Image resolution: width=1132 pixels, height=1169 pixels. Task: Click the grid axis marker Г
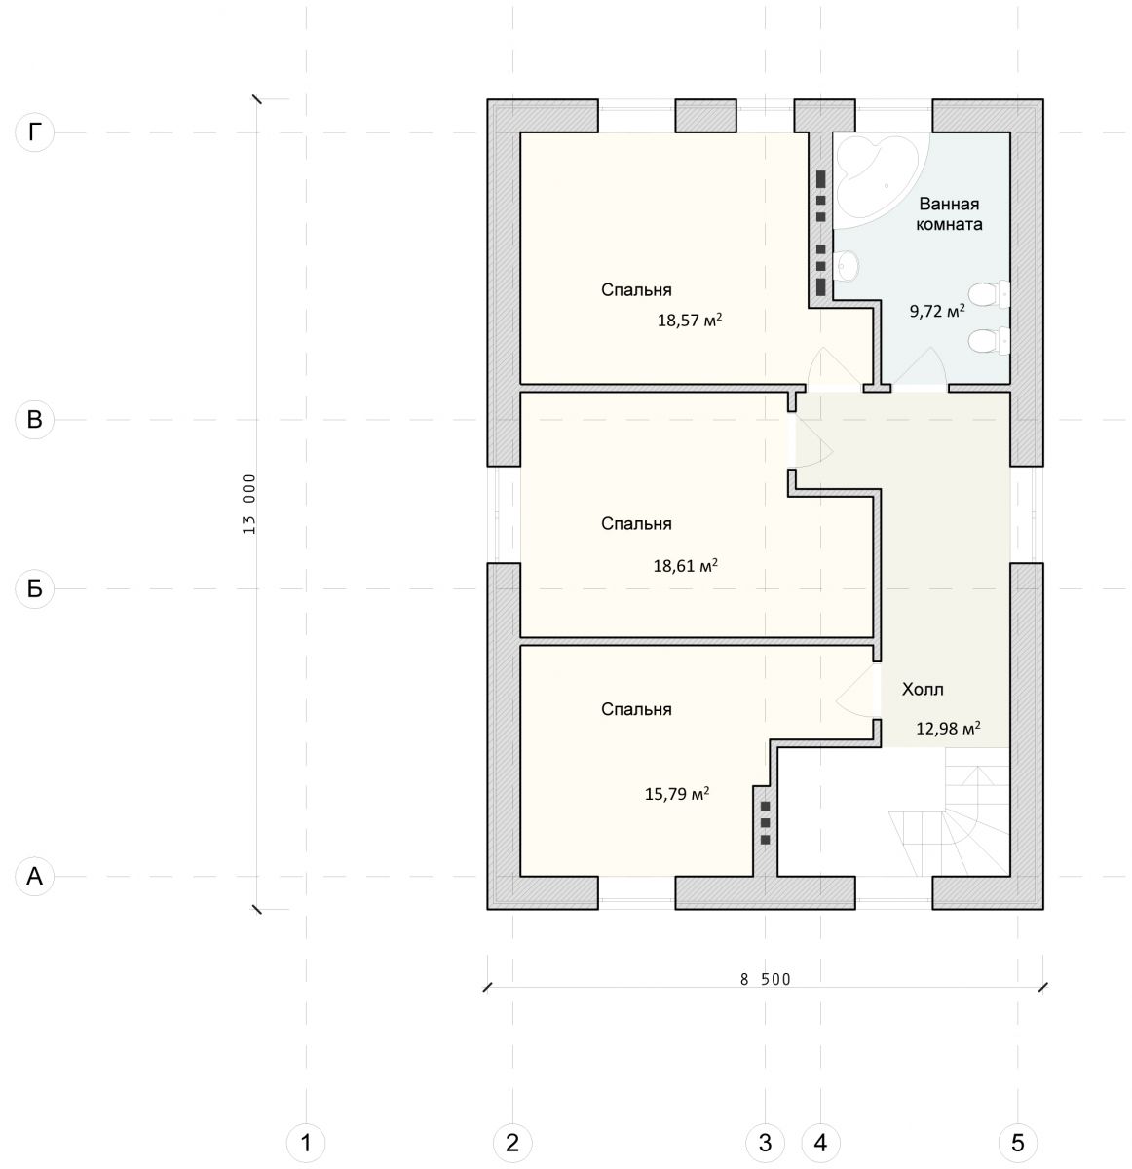tap(35, 132)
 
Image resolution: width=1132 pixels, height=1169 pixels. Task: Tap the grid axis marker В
tap(35, 419)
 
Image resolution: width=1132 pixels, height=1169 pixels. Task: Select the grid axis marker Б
tap(35, 588)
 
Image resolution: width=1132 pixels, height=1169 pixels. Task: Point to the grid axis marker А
tap(35, 876)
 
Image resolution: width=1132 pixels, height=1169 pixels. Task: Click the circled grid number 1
tap(306, 1143)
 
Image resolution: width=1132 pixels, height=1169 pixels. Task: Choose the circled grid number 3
tap(765, 1143)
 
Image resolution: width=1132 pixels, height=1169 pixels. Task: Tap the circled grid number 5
tap(1017, 1143)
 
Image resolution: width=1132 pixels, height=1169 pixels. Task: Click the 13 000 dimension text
tap(249, 504)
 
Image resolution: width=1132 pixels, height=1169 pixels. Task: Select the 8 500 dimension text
tap(765, 979)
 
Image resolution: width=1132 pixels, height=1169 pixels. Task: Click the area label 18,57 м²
tap(689, 320)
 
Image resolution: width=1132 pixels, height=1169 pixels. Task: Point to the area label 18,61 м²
tap(686, 565)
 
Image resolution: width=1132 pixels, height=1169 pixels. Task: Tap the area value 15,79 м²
tap(676, 794)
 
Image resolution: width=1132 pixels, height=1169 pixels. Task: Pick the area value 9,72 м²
tap(937, 311)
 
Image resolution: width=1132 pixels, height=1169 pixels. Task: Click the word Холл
tap(923, 689)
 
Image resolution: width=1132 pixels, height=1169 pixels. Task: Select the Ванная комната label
tap(949, 214)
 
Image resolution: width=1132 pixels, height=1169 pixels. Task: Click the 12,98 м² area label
tap(948, 728)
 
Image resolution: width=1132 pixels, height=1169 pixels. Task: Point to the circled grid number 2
tap(511, 1143)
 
